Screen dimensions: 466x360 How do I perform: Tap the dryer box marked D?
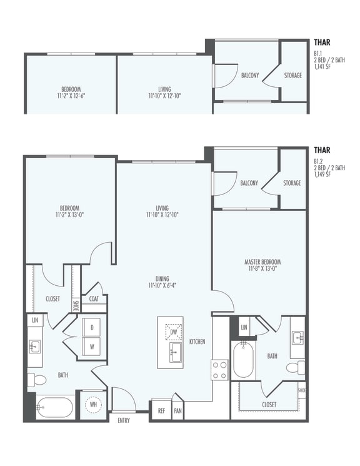point(92,327)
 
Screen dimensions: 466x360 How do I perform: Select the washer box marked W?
point(92,346)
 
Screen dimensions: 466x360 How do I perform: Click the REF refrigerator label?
point(161,411)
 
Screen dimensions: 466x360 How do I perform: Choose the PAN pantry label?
point(177,411)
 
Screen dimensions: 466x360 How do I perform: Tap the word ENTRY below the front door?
point(123,420)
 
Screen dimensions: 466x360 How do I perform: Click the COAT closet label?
point(94,298)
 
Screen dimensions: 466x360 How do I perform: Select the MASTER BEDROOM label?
point(262,261)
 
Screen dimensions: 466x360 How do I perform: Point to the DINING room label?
point(162,279)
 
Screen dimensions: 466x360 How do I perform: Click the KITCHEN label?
point(197,342)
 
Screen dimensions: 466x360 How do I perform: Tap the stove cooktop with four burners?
point(219,369)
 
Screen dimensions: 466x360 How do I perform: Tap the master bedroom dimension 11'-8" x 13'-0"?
point(262,269)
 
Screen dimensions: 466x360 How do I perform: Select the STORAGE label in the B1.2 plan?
point(291,183)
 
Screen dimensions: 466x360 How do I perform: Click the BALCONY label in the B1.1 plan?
point(250,76)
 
